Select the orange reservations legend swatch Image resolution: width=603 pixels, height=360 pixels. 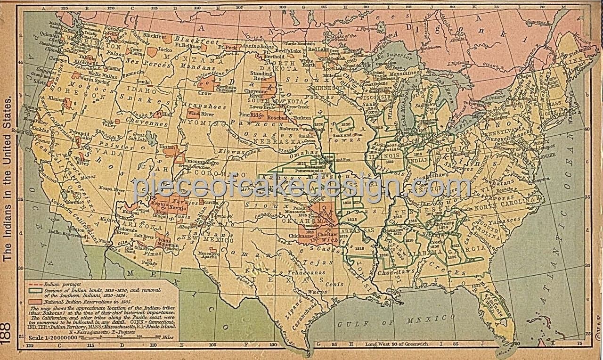[36, 301]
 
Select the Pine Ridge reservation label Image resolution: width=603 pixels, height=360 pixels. [251, 115]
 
